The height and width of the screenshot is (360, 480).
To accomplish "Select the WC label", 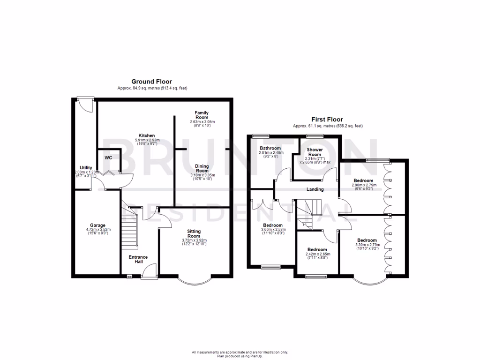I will pos(108,157).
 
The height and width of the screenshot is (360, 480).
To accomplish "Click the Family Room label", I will pos(202,115).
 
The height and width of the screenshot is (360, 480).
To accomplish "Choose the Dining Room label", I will pos(202,168).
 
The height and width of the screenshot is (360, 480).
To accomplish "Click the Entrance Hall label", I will pos(138,259).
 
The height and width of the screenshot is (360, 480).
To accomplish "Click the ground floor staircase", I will pos(130,230).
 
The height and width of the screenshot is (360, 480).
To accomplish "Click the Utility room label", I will pos(86,167).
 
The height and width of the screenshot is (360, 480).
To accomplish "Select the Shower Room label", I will pos(314,152).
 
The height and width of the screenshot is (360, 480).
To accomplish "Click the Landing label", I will pos(315,189).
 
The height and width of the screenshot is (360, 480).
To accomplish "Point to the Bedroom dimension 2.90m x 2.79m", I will pos(363,186).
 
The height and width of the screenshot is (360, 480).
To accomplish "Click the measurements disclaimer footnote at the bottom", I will pos(240,352).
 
